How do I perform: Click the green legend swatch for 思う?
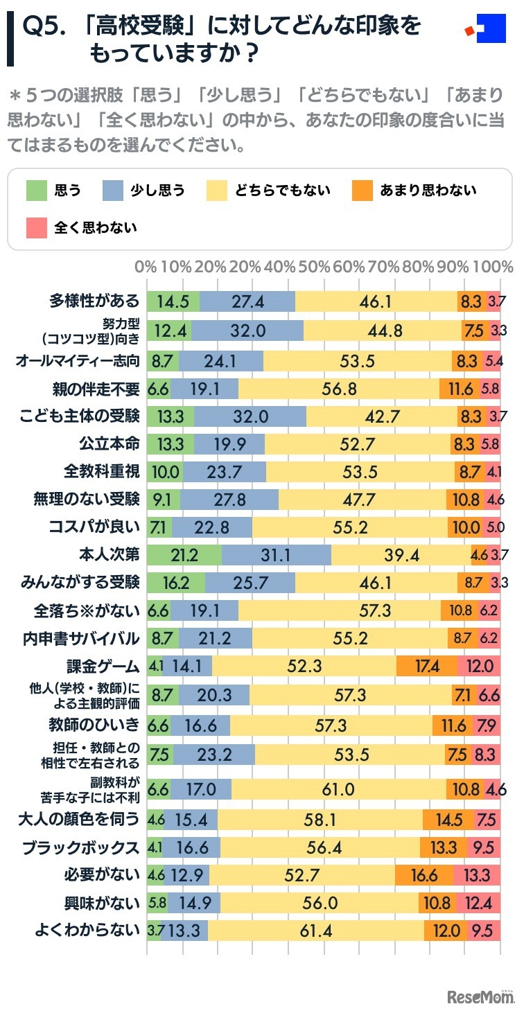coord(36,190)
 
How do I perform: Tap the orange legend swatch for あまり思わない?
coord(362,190)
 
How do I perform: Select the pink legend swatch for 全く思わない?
coord(36,227)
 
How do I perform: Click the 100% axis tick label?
coord(496,267)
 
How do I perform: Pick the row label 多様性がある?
coord(94,301)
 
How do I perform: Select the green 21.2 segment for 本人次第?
coord(184,556)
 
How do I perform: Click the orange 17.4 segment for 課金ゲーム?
coord(427,666)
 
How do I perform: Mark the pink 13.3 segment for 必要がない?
coord(478,875)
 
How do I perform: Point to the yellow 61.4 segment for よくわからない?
coord(316,930)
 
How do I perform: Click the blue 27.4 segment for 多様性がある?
coord(247,301)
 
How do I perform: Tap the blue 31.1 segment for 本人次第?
coord(277,556)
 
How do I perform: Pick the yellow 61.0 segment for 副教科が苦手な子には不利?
coord(339,789)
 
